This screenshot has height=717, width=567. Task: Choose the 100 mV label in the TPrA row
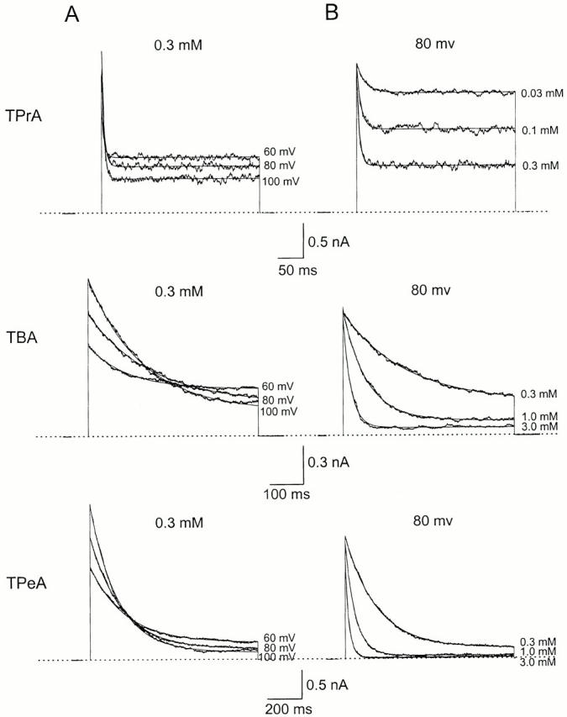[x=279, y=182]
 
